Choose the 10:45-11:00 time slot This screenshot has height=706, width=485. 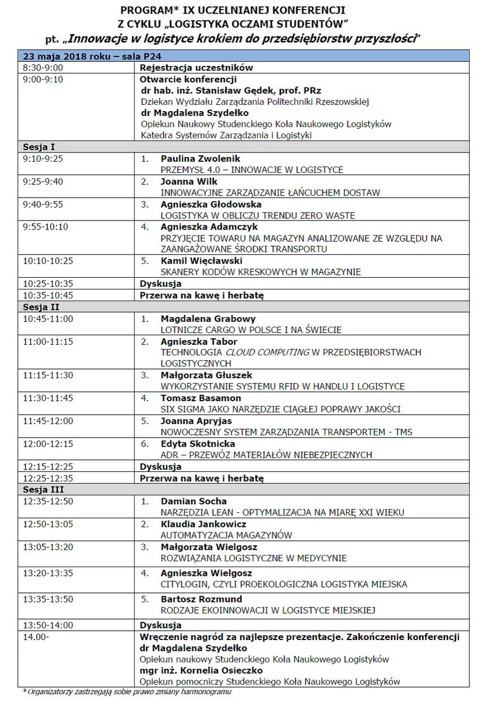(48, 318)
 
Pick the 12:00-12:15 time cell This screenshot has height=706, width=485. (48, 443)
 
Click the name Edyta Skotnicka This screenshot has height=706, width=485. (197, 443)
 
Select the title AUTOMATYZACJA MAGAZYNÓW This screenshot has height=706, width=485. (227, 535)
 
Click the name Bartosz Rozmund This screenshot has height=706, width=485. (201, 599)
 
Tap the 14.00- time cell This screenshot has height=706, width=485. (36, 637)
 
